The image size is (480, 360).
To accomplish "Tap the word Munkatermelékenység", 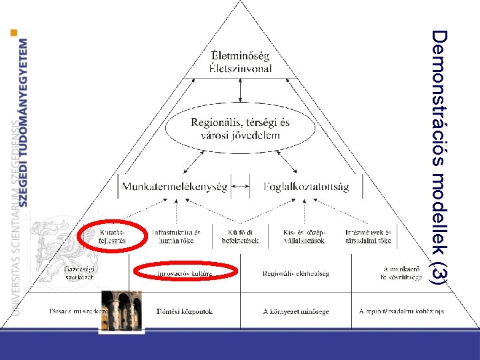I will pyautogui.click(x=175, y=187).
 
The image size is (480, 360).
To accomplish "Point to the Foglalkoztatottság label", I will pyautogui.click(x=306, y=187).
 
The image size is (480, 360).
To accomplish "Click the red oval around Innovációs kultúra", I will pyautogui.click(x=186, y=272).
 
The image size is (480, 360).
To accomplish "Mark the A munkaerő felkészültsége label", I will pyautogui.click(x=400, y=273).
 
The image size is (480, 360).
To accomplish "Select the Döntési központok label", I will pyautogui.click(x=184, y=311).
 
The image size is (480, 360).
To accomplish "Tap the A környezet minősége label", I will pyautogui.click(x=295, y=311).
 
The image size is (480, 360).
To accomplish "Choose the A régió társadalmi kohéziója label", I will pyautogui.click(x=401, y=311).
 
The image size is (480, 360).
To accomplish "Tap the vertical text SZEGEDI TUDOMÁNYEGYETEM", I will pyautogui.click(x=24, y=123).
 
